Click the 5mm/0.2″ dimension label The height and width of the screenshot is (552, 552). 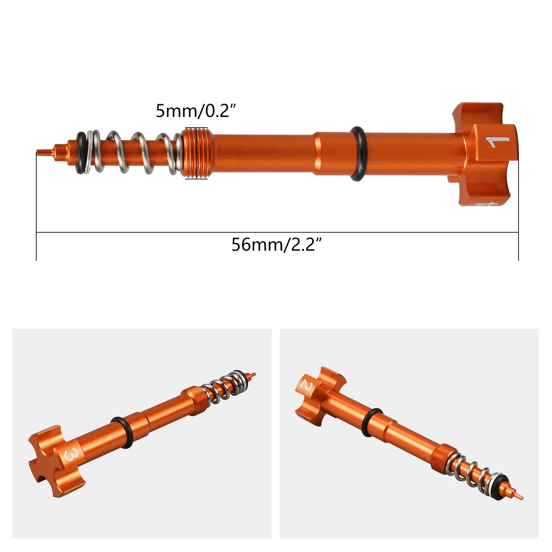(196, 111)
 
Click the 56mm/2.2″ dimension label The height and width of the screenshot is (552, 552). (276, 245)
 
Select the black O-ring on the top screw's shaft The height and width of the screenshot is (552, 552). (358, 154)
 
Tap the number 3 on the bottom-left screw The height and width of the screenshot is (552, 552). (71, 455)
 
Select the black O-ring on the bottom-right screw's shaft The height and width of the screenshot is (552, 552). (371, 423)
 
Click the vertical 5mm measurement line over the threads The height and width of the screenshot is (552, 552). (196, 153)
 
